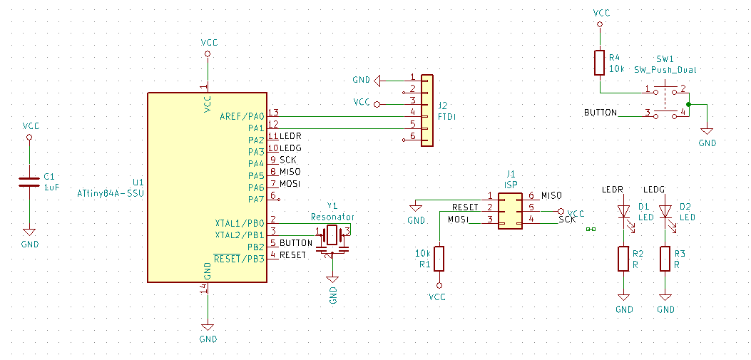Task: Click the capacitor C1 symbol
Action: click(29, 182)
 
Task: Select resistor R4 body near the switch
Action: click(599, 63)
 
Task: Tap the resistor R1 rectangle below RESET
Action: click(439, 259)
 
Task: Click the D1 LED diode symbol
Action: click(623, 211)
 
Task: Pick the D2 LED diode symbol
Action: click(665, 211)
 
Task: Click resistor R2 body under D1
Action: click(623, 259)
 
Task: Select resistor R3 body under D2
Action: click(665, 259)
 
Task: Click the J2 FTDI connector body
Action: click(426, 110)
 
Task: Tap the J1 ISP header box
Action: click(510, 210)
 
